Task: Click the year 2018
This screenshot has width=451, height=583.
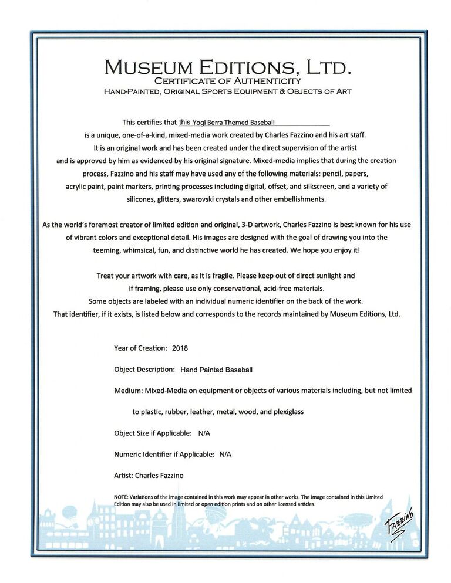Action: tap(180, 348)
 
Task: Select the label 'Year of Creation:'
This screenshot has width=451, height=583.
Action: tap(140, 348)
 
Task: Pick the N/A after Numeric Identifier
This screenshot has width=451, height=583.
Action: tap(225, 454)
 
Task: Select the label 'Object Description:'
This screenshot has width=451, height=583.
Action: tap(144, 370)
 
